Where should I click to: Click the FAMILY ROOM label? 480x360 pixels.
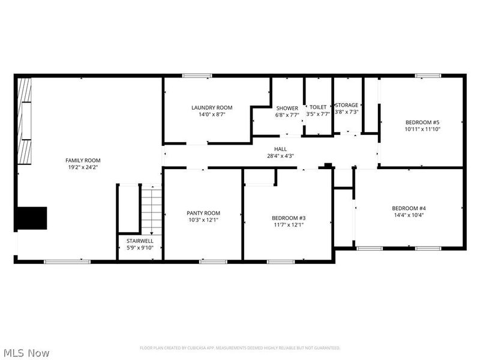83,160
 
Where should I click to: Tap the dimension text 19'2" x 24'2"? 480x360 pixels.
83,167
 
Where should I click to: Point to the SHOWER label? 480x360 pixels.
287,108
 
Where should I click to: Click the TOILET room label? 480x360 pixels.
318,107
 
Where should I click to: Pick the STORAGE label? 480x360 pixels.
347,105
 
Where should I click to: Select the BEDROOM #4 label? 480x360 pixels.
409,208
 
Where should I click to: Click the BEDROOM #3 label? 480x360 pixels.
289,218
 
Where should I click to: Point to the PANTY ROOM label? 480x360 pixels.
203,213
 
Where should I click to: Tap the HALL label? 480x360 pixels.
281,149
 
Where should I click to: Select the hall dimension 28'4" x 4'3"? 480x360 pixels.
281,156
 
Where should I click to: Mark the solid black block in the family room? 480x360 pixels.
31,218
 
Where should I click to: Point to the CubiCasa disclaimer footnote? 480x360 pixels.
240,348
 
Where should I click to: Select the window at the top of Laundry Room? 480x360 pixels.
197,76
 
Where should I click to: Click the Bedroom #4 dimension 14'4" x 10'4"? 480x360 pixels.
409,215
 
